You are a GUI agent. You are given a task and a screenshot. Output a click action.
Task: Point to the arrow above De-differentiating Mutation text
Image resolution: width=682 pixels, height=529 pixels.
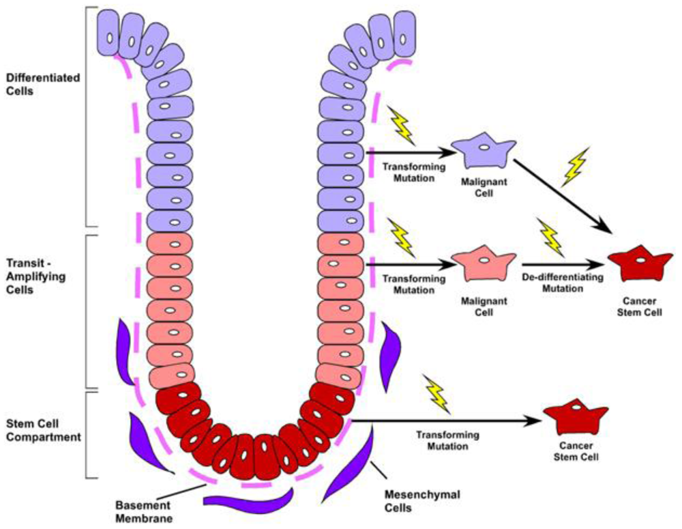click(x=563, y=265)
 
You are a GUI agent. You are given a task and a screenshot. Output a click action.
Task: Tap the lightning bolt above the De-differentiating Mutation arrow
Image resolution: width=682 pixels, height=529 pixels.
click(x=550, y=235)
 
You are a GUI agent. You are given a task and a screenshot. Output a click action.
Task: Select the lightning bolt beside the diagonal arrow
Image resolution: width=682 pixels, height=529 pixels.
click(x=574, y=166)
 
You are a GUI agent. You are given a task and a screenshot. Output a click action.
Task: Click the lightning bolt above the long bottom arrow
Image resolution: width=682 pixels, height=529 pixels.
click(x=437, y=394)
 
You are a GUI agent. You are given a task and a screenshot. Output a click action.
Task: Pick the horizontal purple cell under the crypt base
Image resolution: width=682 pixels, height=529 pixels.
click(x=248, y=500)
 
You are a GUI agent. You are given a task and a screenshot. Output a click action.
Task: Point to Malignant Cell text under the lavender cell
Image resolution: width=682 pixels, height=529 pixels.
click(x=484, y=188)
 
